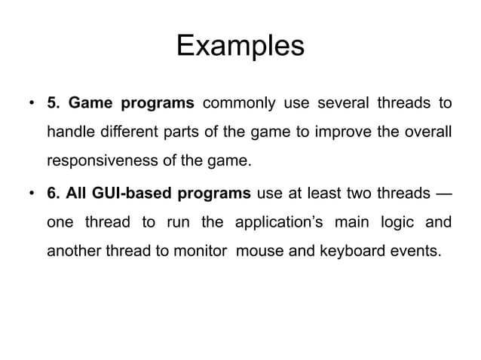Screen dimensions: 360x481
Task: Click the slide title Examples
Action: [x=240, y=47]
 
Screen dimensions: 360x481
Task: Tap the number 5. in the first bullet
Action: [x=54, y=102]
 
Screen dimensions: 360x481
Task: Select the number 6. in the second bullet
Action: [x=54, y=194]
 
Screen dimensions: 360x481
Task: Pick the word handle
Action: [x=70, y=133]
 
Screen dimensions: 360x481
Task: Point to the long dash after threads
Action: [x=444, y=194]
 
